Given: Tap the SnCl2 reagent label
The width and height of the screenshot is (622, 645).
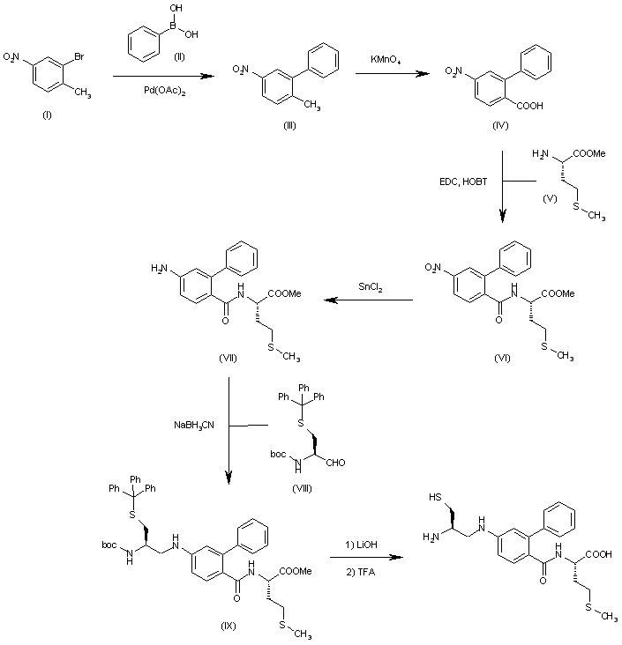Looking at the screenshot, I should (x=370, y=288).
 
